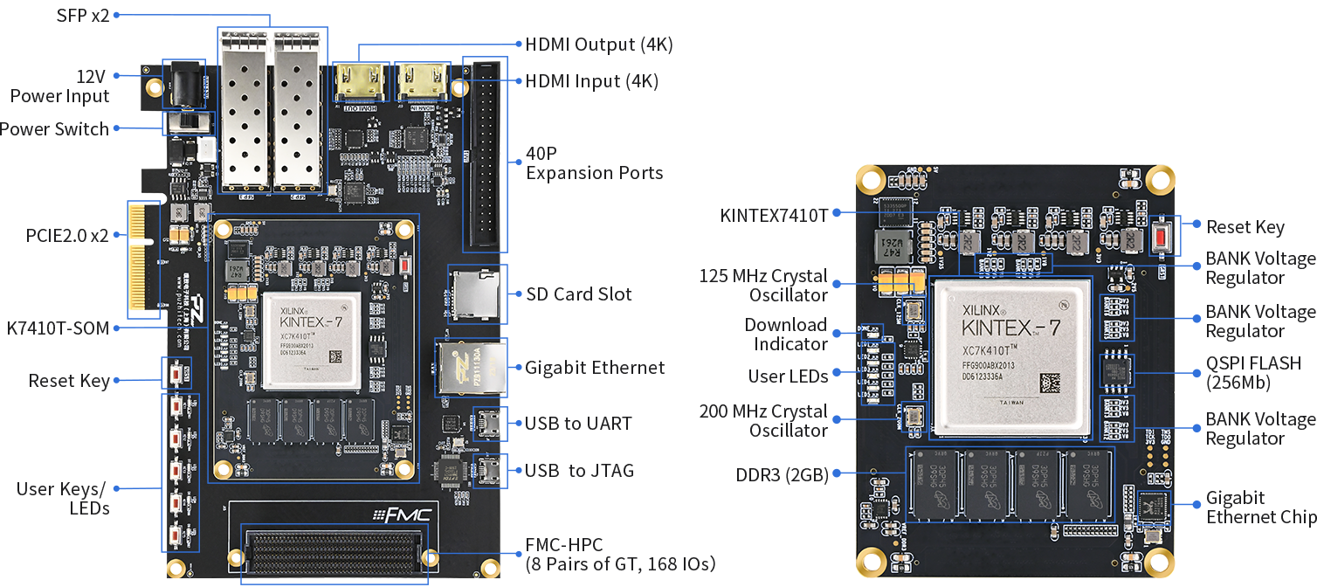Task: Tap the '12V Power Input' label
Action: pyautogui.click(x=59, y=86)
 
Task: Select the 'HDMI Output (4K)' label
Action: pyautogui.click(x=598, y=44)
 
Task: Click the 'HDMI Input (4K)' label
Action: pyautogui.click(x=591, y=81)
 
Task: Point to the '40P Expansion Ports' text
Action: pyautogui.click(x=594, y=162)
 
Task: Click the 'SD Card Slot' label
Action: pyautogui.click(x=578, y=294)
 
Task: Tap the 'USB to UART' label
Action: pyautogui.click(x=578, y=424)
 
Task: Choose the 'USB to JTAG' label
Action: pyautogui.click(x=579, y=471)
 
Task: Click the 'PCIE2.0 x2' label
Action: pyautogui.click(x=67, y=235)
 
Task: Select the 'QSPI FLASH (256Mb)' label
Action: pyautogui.click(x=1253, y=372)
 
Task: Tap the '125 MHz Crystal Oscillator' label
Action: pyautogui.click(x=763, y=286)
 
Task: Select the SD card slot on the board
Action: pyautogui.click(x=474, y=293)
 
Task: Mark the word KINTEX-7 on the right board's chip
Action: pyautogui.click(x=1010, y=328)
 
